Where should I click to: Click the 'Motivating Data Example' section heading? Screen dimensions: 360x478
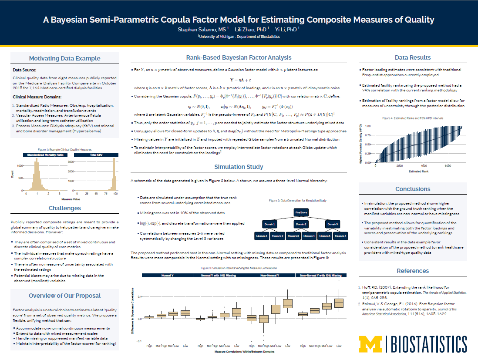64,58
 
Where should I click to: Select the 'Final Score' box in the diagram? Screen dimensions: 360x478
301,212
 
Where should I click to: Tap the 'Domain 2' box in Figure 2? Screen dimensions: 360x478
301,224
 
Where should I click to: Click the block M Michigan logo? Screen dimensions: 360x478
370,343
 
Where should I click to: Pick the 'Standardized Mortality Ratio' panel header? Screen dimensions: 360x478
45,155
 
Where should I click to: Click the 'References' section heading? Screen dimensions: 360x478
413,271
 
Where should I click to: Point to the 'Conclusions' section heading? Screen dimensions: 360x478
413,189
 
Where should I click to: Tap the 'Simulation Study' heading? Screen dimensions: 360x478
239,167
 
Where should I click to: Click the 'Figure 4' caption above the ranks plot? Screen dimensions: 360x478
413,118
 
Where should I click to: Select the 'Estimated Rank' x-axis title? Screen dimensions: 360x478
418,172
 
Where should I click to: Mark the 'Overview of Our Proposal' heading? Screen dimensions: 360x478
64,296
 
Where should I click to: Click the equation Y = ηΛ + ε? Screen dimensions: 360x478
239,81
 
